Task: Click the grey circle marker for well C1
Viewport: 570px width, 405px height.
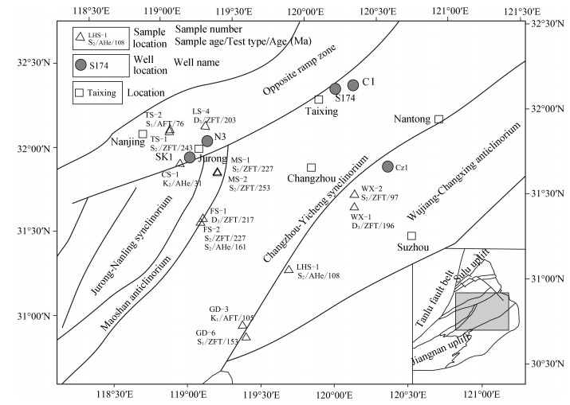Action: tap(353, 85)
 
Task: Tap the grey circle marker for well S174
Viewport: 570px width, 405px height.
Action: tap(336, 88)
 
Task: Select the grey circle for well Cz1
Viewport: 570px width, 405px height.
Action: tap(387, 166)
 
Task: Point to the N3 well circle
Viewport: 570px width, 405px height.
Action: tap(207, 141)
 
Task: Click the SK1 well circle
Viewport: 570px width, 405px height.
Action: tap(190, 157)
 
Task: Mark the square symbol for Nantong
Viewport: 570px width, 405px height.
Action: tap(438, 119)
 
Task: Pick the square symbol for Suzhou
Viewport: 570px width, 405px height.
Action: tap(411, 236)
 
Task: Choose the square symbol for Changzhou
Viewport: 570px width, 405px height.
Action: tap(311, 167)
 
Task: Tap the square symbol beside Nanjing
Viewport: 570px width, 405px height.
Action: tap(143, 134)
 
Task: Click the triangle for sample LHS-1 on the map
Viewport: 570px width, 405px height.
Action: tap(289, 269)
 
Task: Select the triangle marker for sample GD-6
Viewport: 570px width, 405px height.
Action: tap(246, 337)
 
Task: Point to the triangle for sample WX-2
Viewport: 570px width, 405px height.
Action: tap(354, 193)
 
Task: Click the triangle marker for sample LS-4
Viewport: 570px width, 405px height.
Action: tap(205, 125)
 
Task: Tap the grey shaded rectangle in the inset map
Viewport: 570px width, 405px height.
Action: tap(482, 311)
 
